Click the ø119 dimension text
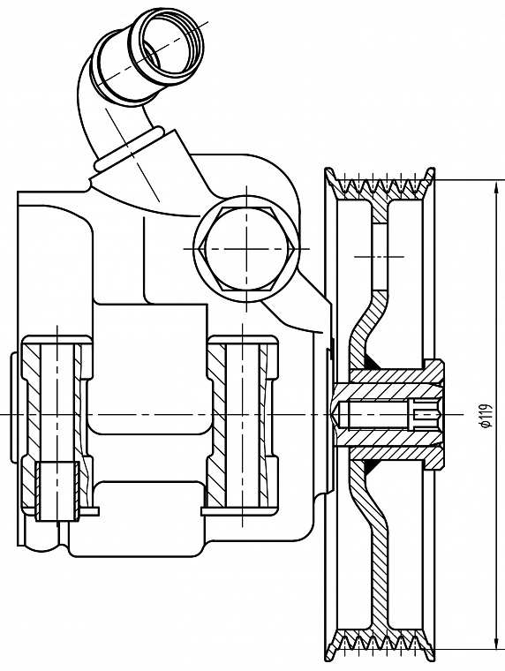(486, 415)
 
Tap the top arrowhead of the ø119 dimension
(495, 187)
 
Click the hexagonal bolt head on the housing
(246, 249)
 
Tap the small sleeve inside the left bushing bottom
(57, 491)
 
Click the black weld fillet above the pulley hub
(373, 362)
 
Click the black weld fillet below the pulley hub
(373, 467)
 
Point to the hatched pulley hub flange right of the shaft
(433, 414)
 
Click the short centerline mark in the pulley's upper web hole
(379, 256)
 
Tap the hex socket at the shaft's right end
(426, 414)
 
